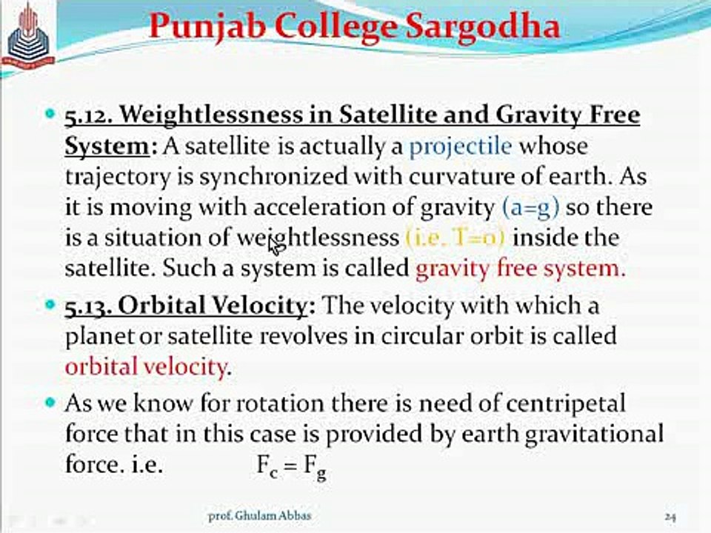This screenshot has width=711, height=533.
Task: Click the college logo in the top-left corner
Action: [x=29, y=37]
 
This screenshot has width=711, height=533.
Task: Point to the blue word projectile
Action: [x=461, y=147]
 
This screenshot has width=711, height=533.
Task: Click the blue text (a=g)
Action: [x=531, y=207]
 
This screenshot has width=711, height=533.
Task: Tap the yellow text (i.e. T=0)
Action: [x=454, y=238]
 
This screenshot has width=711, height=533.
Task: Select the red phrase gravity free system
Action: [x=520, y=269]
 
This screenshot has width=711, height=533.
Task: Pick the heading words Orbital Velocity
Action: [x=213, y=306]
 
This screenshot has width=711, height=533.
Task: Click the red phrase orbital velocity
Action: [x=145, y=366]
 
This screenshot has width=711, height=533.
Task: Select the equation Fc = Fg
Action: [x=292, y=466]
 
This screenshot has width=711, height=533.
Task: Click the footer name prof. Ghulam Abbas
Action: [x=260, y=516]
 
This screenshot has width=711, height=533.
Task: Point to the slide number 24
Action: [x=671, y=517]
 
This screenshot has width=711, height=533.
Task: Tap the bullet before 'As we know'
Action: [x=51, y=402]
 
